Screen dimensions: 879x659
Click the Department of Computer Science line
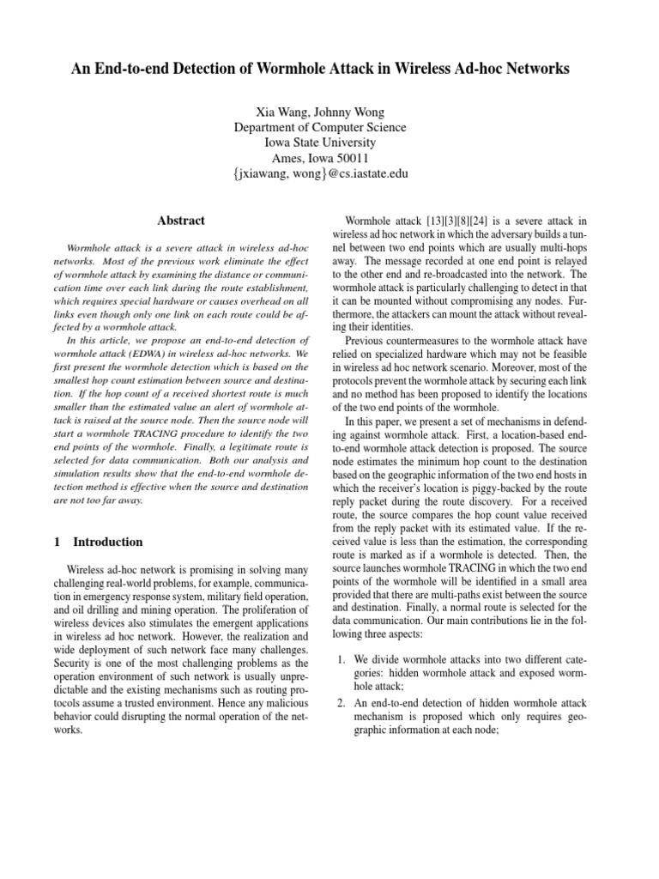click(x=320, y=127)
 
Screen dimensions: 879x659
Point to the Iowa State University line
click(x=320, y=142)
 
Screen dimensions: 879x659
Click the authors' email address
click(x=320, y=173)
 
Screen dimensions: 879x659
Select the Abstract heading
click(x=181, y=221)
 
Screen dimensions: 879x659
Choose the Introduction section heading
click(x=108, y=542)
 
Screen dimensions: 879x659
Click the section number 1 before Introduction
click(x=57, y=542)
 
